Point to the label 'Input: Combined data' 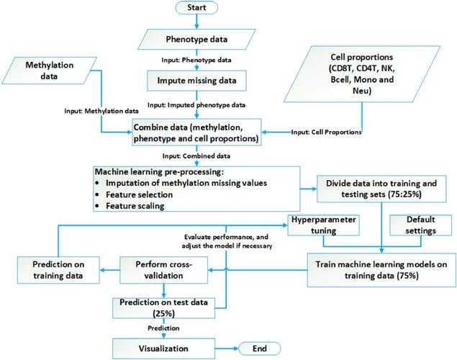click(x=184, y=156)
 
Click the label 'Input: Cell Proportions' click(x=327, y=132)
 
